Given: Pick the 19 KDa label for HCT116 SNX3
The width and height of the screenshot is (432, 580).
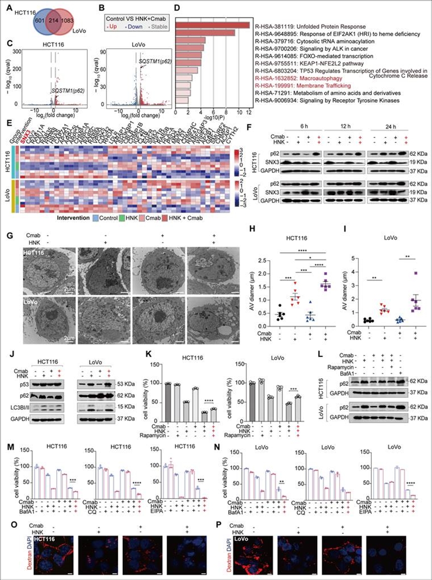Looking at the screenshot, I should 416,162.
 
